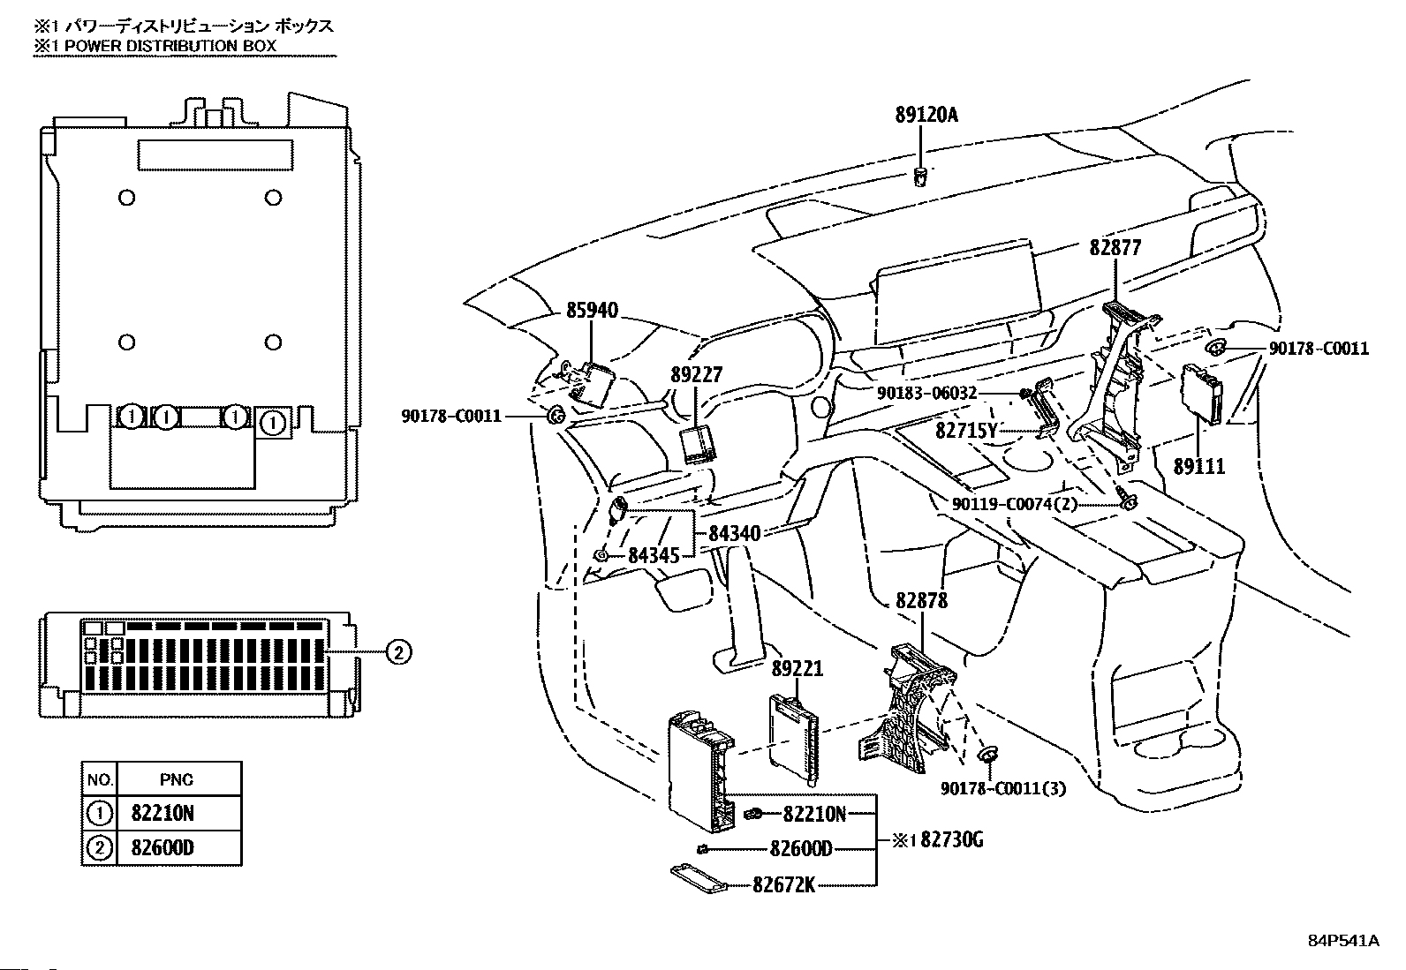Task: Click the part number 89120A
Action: (x=926, y=115)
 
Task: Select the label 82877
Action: (x=1115, y=248)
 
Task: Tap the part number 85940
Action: (x=592, y=311)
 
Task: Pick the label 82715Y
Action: (x=966, y=431)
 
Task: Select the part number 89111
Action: (x=1198, y=467)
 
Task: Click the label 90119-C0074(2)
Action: (x=1015, y=504)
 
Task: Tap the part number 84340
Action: (x=734, y=533)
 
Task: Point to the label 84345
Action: (x=654, y=555)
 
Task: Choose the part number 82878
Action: (x=921, y=601)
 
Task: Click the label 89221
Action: (x=797, y=669)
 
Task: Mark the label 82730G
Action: (x=951, y=840)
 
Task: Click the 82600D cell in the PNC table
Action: (x=163, y=848)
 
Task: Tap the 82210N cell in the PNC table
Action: (x=163, y=813)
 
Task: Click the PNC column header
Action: (x=177, y=779)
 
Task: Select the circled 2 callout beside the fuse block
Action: (x=398, y=652)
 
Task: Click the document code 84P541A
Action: (x=1342, y=940)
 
